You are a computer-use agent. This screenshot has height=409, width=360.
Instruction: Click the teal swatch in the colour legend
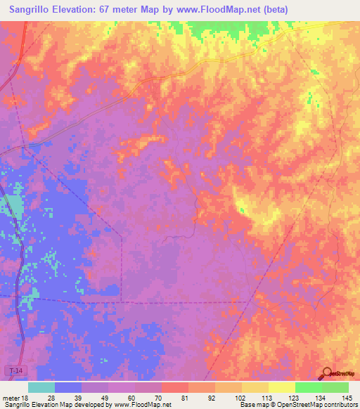coord(41,387)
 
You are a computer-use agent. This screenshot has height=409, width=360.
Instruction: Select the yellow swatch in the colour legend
coord(281,387)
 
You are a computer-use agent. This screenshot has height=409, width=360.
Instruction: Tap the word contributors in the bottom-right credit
coord(340,405)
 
